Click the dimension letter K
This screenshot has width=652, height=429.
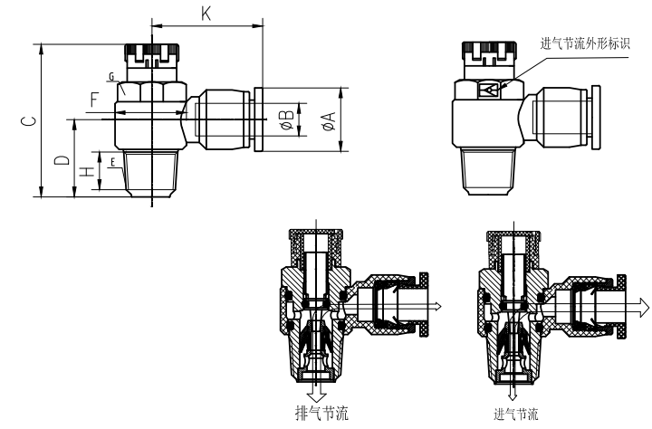tap(207, 14)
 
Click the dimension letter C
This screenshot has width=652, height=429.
tap(29, 119)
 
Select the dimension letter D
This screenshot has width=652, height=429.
tap(60, 160)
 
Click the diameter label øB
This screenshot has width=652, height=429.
tap(286, 120)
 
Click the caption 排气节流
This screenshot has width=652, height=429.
tap(321, 415)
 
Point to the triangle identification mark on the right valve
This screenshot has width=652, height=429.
tap(490, 90)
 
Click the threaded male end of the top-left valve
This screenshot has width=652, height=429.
tap(149, 172)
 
